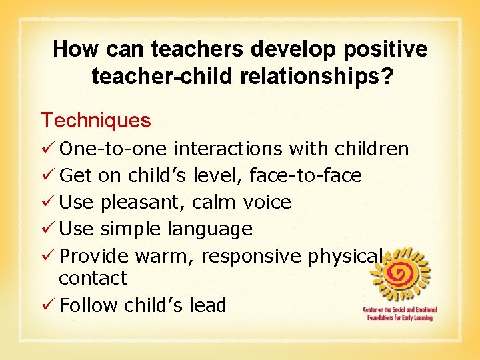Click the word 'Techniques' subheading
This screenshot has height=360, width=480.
(96, 121)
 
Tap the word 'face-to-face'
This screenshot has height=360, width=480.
(305, 175)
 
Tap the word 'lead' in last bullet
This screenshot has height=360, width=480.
(209, 305)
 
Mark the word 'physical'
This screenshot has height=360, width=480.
(346, 256)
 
